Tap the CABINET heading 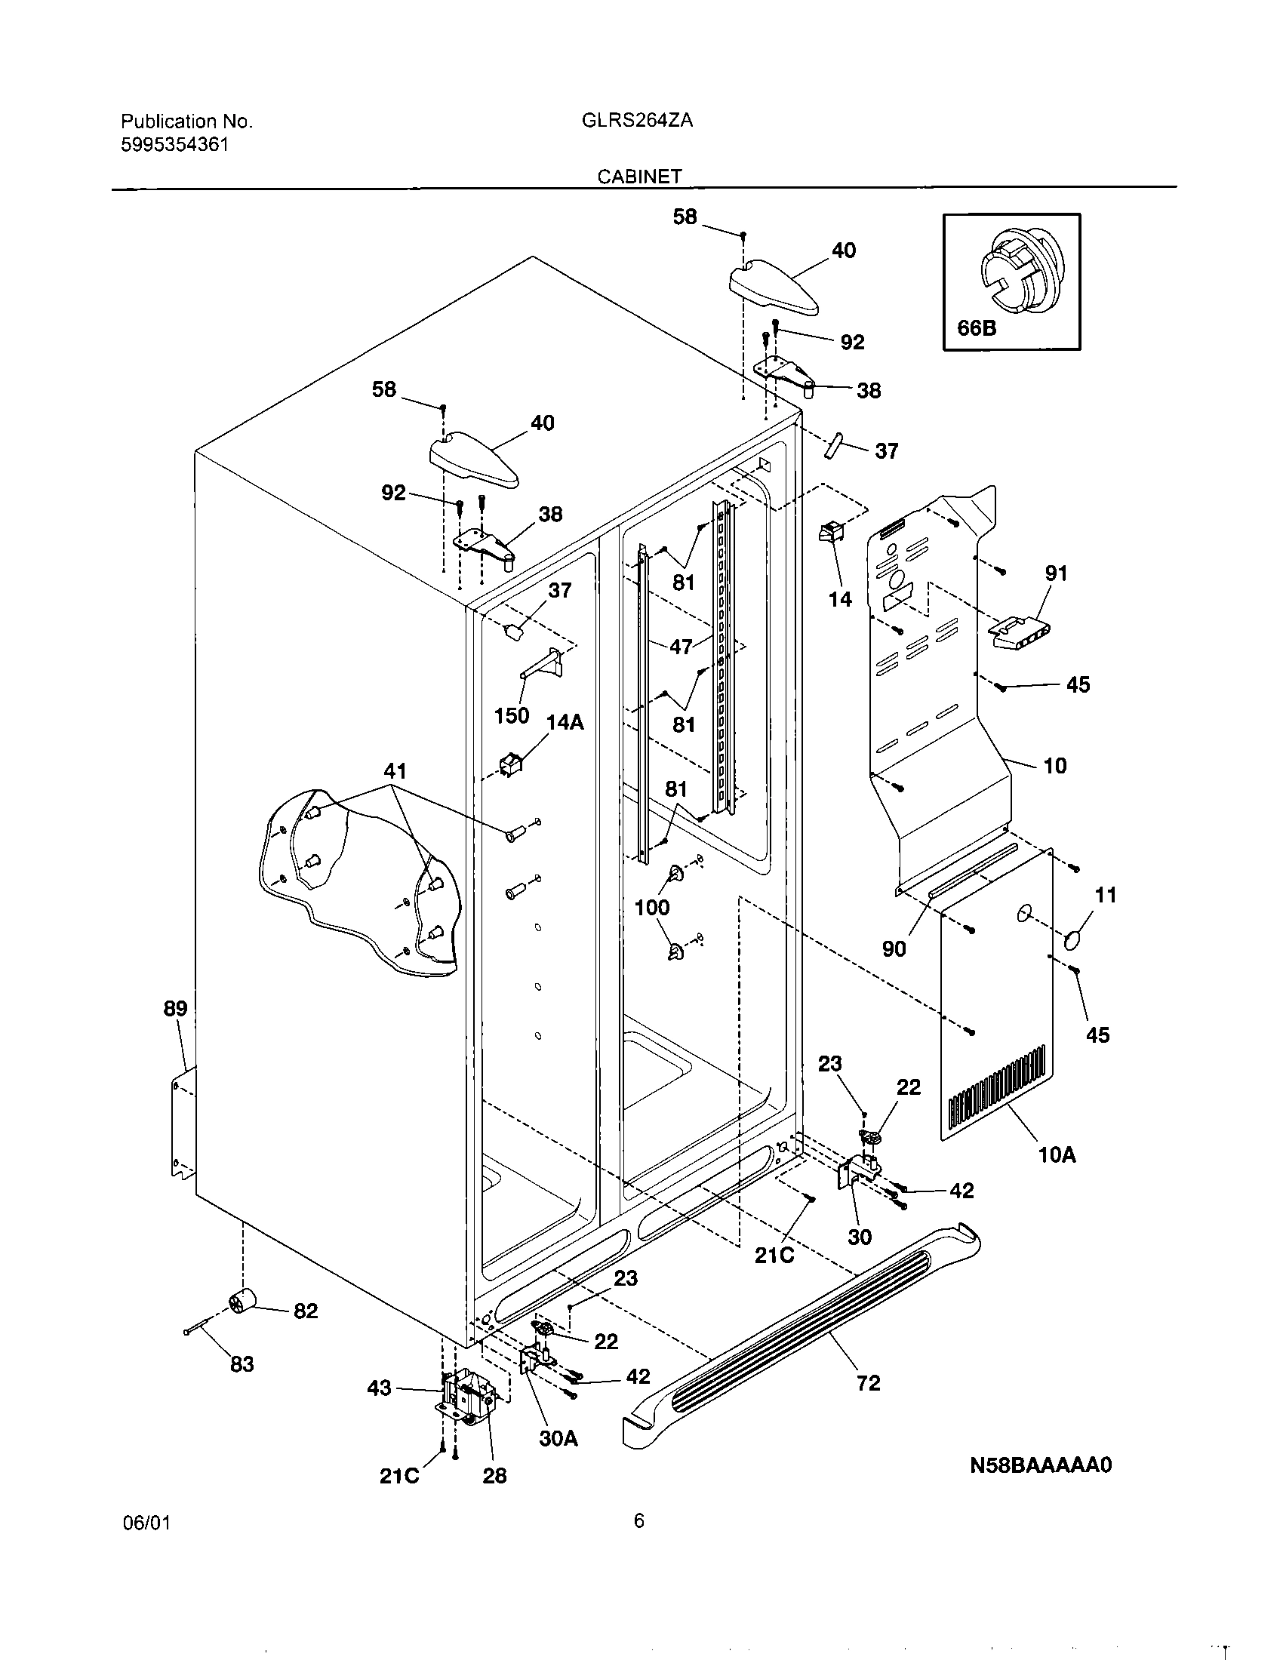pyautogui.click(x=639, y=177)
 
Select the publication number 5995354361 pyautogui.click(x=174, y=145)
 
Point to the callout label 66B pyautogui.click(x=976, y=328)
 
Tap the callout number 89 pyautogui.click(x=175, y=1009)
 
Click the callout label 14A pyautogui.click(x=565, y=722)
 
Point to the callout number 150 pyautogui.click(x=511, y=715)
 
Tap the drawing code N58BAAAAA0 pyautogui.click(x=1040, y=1465)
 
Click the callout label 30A pyautogui.click(x=558, y=1438)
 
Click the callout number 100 pyautogui.click(x=651, y=907)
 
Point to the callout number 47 pyautogui.click(x=680, y=647)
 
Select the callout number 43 pyautogui.click(x=379, y=1388)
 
